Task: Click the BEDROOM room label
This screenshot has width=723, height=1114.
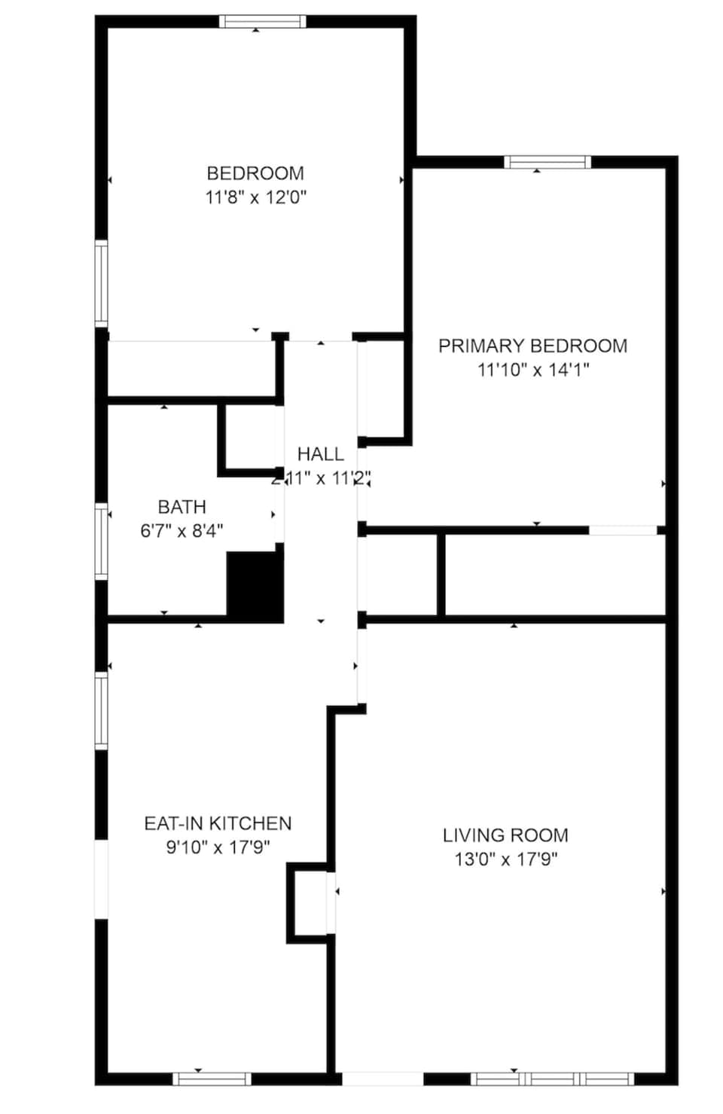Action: pyautogui.click(x=255, y=173)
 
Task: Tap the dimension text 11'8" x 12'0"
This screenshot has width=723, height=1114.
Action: pyautogui.click(x=255, y=197)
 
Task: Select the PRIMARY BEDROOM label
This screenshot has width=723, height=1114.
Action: pyautogui.click(x=532, y=346)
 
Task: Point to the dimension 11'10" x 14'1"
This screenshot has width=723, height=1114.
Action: pyautogui.click(x=532, y=370)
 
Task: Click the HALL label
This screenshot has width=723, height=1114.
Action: pyautogui.click(x=320, y=453)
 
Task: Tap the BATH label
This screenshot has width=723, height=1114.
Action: pyautogui.click(x=182, y=507)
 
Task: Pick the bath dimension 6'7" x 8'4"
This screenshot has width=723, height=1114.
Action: pyautogui.click(x=182, y=531)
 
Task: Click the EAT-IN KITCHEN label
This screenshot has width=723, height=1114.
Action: pyautogui.click(x=218, y=823)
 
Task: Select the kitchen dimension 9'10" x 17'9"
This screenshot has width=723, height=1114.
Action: pyautogui.click(x=218, y=847)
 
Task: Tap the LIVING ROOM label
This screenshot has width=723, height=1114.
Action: pyautogui.click(x=505, y=835)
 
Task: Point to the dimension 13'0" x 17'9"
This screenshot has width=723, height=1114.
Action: pyautogui.click(x=505, y=859)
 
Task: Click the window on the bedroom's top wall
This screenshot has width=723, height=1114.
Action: pyautogui.click(x=262, y=21)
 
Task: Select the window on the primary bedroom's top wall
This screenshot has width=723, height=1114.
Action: pyautogui.click(x=547, y=162)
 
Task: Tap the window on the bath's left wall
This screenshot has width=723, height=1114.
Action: pyautogui.click(x=101, y=540)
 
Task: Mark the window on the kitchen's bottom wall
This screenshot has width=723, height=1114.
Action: pyautogui.click(x=212, y=1079)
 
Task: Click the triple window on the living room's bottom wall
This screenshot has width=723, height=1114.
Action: pyautogui.click(x=552, y=1079)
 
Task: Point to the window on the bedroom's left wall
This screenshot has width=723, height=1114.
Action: pyautogui.click(x=101, y=282)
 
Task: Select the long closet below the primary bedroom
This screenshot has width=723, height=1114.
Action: pyautogui.click(x=554, y=575)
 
